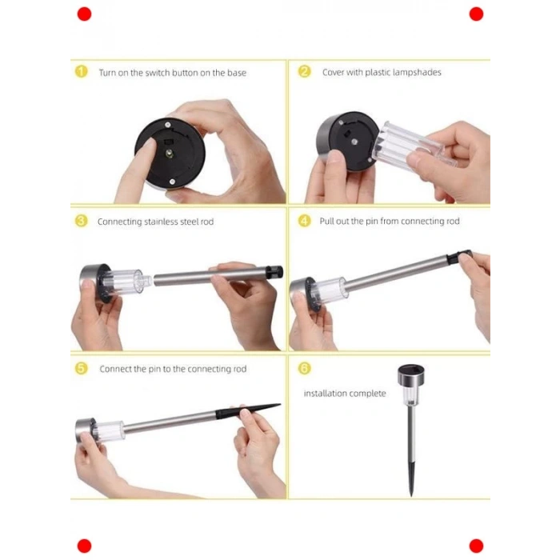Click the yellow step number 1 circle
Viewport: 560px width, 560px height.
point(81,71)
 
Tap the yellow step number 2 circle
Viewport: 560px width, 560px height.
point(304,71)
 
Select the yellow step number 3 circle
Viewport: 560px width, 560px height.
point(81,221)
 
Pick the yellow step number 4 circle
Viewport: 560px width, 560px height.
point(304,221)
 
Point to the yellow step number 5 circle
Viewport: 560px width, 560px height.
point(81,368)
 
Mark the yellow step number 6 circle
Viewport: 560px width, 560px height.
point(304,368)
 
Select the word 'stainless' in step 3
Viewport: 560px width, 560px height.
point(161,222)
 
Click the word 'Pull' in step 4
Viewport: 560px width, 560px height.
point(326,221)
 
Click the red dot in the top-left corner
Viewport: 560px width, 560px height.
point(84,14)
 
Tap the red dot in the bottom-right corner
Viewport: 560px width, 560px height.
point(476,546)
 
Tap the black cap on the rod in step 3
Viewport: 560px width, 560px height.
point(274,271)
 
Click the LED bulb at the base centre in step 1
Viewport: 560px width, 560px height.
point(169,154)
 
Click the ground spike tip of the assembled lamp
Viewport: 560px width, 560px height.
point(411,495)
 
